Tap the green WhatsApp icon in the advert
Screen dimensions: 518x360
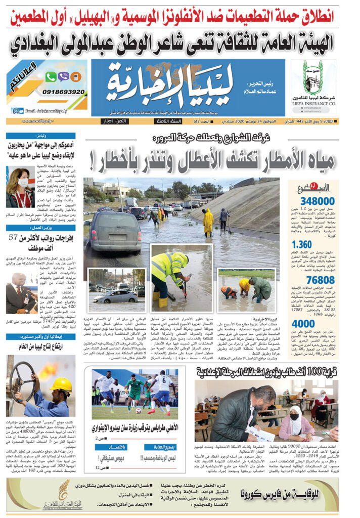[51, 77]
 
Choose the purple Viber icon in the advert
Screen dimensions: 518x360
[63, 77]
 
